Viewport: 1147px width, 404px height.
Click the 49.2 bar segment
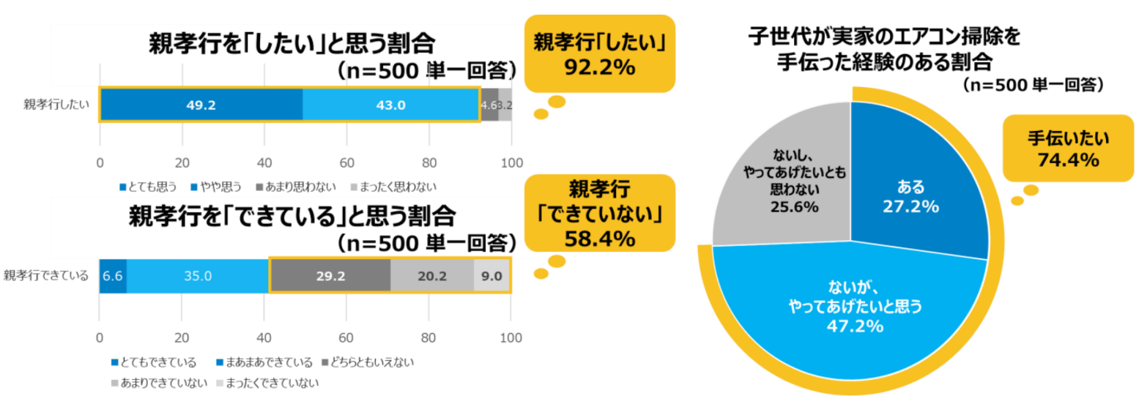(x=201, y=105)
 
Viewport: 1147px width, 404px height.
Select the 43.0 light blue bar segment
(x=390, y=105)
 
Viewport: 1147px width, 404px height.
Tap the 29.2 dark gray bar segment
(x=330, y=276)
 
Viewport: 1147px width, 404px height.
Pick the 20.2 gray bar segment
(x=431, y=276)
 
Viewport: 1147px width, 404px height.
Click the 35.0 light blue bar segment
(x=198, y=276)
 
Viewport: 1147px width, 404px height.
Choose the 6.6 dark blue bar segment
(x=113, y=276)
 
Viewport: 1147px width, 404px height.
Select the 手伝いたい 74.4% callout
(x=1068, y=147)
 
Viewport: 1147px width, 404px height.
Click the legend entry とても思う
(x=149, y=187)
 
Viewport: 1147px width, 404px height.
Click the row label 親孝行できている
(x=46, y=276)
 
